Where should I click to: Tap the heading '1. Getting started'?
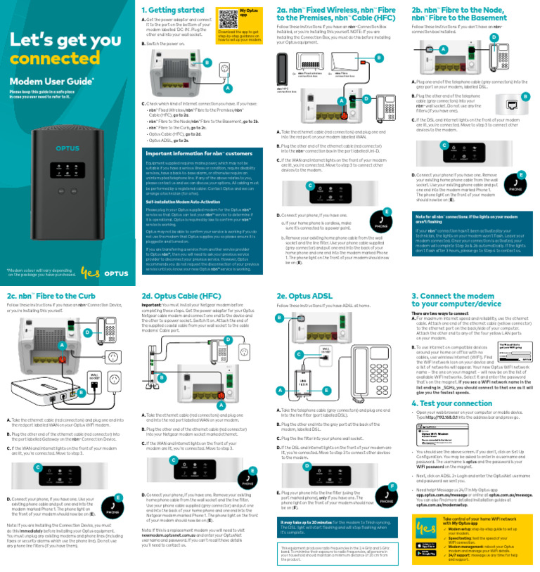coord(172,10)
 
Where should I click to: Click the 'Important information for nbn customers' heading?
coord(198,152)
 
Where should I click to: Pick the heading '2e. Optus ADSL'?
coord(304,297)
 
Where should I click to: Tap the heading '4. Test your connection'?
coord(451,403)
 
